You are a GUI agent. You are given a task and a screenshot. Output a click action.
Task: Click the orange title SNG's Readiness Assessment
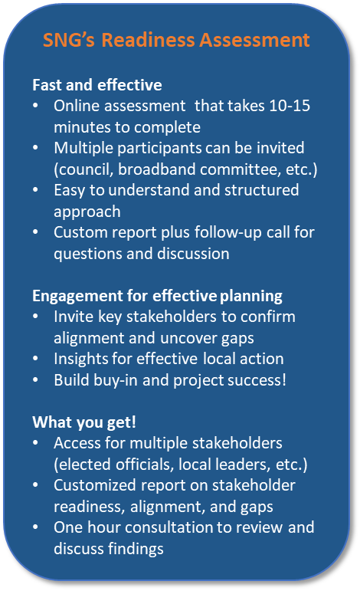[x=176, y=40]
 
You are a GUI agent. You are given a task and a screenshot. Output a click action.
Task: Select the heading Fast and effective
[x=97, y=85]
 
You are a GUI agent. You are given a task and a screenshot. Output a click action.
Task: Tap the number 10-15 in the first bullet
[x=290, y=106]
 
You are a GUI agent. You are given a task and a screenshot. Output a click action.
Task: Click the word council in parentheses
[x=83, y=169]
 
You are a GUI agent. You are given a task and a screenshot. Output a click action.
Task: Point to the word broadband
[x=157, y=169]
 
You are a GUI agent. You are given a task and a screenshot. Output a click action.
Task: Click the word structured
[x=261, y=190]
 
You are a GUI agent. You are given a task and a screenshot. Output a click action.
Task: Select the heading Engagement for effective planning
[x=158, y=296]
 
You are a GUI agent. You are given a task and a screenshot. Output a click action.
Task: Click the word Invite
[x=74, y=317]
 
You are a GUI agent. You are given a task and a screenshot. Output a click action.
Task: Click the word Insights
[x=80, y=359]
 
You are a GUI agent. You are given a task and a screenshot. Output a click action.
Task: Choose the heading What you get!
[x=84, y=422]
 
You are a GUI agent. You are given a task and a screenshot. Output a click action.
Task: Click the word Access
[x=77, y=443]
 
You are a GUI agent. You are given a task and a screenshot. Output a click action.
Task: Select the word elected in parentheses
[x=84, y=465]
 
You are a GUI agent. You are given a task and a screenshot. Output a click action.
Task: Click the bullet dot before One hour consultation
[x=35, y=527]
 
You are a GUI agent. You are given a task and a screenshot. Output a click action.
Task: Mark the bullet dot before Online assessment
[x=35, y=106]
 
